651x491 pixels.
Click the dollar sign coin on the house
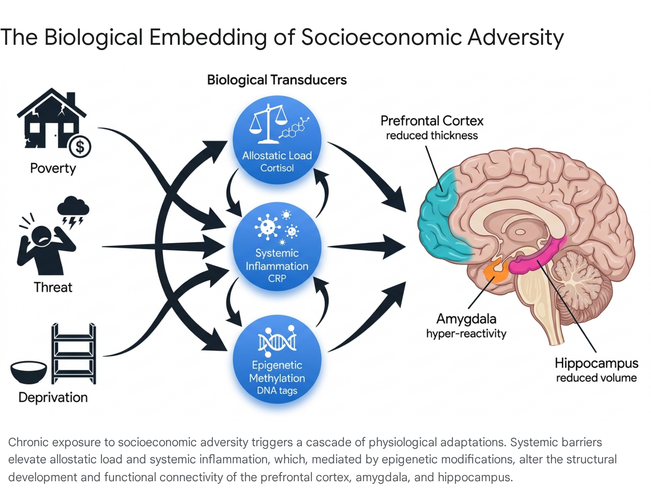[x=80, y=147]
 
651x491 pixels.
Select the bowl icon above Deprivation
[x=28, y=372]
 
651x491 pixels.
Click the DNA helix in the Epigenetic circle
[x=277, y=341]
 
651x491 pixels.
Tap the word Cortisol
[x=277, y=168]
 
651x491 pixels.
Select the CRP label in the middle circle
[x=277, y=278]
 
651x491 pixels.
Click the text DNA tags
[x=277, y=390]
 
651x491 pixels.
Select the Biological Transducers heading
[x=277, y=80]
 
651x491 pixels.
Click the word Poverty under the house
[x=53, y=168]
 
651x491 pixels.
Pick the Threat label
[x=53, y=287]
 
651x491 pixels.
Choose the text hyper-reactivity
[x=466, y=333]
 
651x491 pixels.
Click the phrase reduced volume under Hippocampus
[x=596, y=378]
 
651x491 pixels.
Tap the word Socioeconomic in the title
[x=381, y=37]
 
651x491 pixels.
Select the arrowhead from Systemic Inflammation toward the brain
[x=393, y=247]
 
